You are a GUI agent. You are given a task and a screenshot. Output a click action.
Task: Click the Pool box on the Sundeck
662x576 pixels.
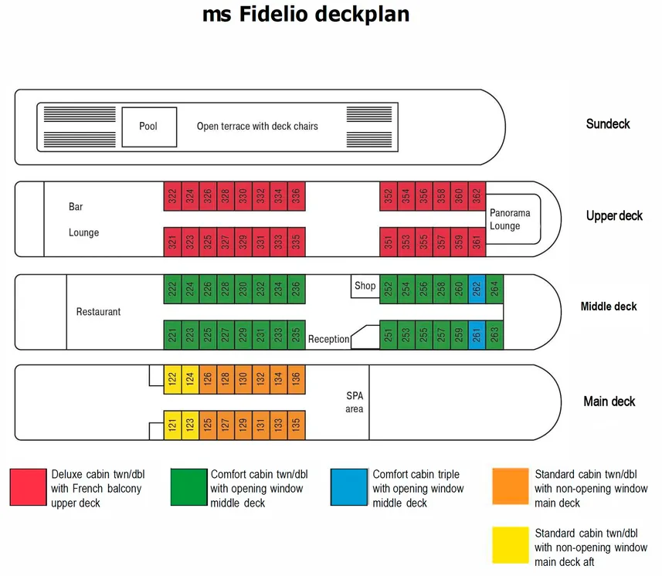pyautogui.click(x=149, y=126)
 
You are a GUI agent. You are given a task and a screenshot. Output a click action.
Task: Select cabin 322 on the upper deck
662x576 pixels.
pyautogui.click(x=171, y=197)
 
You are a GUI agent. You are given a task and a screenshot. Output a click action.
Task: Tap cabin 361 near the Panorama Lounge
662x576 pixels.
pyautogui.click(x=477, y=242)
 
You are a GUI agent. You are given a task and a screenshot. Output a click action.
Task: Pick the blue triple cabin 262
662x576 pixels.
pyautogui.click(x=477, y=289)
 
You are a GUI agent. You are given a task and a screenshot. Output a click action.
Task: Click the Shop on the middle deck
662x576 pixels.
pyautogui.click(x=365, y=286)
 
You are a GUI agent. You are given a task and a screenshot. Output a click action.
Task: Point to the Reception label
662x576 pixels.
pyautogui.click(x=328, y=339)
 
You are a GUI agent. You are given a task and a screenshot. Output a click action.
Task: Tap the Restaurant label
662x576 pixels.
pyautogui.click(x=98, y=312)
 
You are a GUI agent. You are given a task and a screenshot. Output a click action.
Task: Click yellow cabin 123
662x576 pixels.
pyautogui.click(x=189, y=424)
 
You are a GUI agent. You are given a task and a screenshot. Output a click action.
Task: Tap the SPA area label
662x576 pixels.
pyautogui.click(x=354, y=402)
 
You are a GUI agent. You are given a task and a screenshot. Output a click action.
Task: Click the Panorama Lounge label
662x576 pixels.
pyautogui.click(x=504, y=219)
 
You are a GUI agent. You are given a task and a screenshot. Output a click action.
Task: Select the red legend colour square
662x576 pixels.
pyautogui.click(x=28, y=487)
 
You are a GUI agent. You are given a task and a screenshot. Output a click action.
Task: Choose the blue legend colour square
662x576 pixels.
pyautogui.click(x=348, y=487)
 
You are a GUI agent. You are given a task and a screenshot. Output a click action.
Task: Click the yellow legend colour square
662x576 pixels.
pyautogui.click(x=510, y=546)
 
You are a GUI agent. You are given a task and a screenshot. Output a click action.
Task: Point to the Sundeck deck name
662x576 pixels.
pyautogui.click(x=608, y=124)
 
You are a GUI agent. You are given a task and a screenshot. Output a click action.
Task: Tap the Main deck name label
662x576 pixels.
pyautogui.click(x=609, y=402)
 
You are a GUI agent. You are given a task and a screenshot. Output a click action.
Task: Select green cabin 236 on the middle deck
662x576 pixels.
pyautogui.click(x=296, y=289)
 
